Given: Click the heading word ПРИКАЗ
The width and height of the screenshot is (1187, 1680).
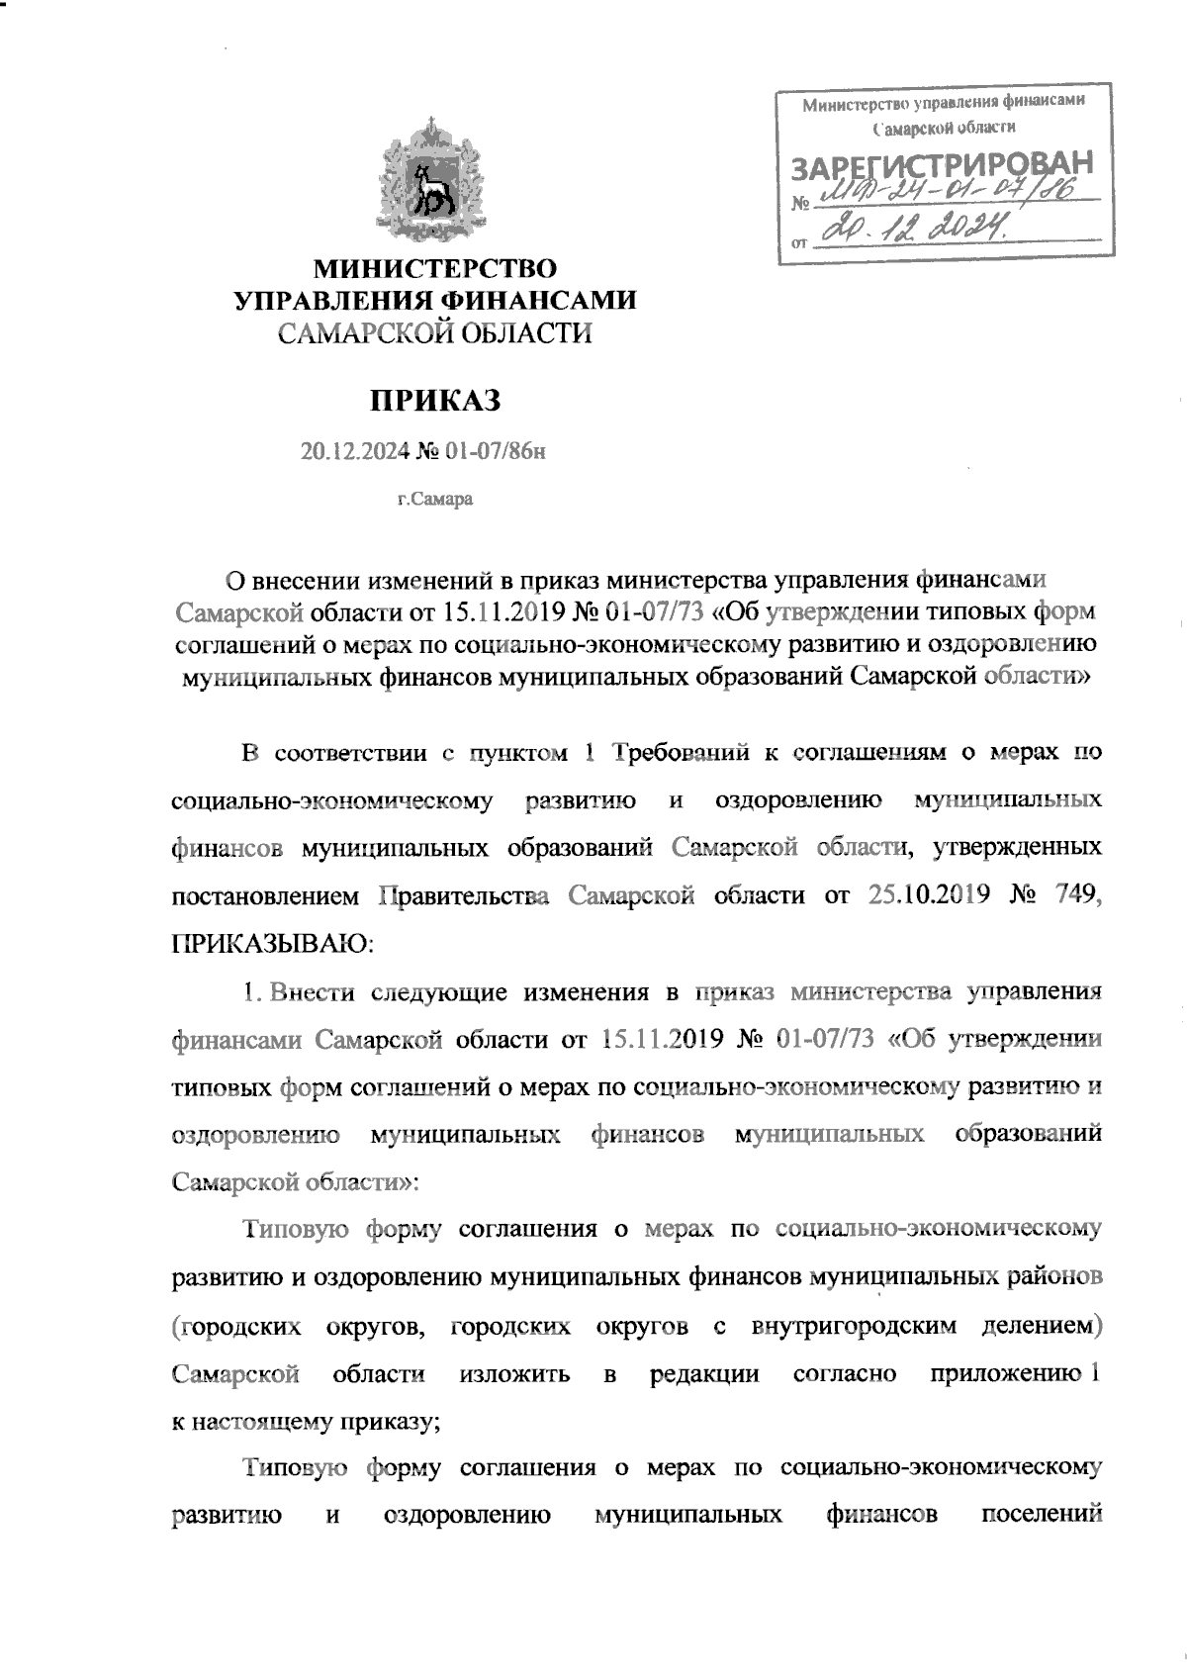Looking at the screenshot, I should (x=436, y=401).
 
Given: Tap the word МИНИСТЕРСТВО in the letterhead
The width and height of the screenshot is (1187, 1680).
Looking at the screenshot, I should (x=436, y=268).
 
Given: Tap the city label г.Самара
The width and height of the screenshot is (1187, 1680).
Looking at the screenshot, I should (x=435, y=499).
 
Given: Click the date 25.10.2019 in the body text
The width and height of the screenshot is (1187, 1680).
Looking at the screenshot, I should (x=930, y=895).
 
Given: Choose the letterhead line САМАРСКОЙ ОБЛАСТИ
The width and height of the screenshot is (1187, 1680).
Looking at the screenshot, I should (x=436, y=334).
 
